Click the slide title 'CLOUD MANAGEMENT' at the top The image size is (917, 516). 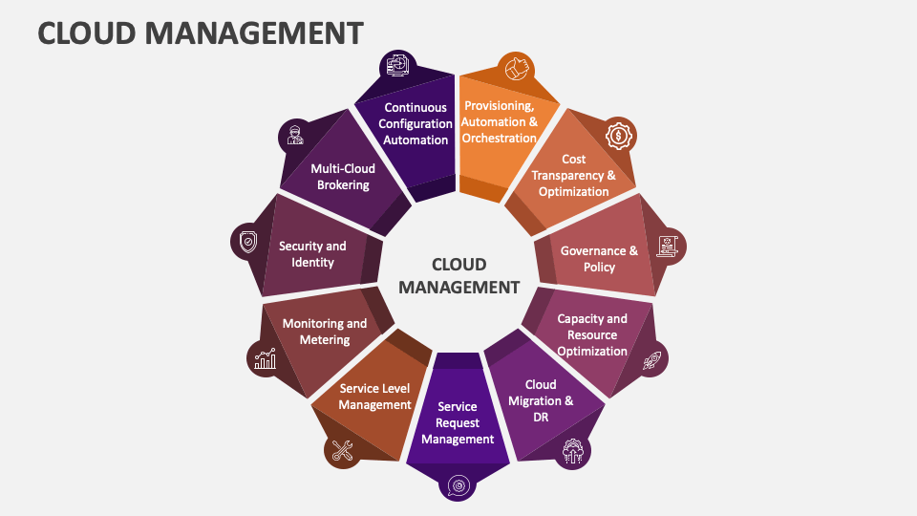(201, 32)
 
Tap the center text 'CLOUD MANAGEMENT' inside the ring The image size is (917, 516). (458, 275)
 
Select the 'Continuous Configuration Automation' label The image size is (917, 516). (416, 123)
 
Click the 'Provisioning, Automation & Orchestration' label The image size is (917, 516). (499, 122)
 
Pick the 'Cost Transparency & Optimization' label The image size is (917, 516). (573, 175)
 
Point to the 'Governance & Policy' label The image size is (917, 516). (599, 259)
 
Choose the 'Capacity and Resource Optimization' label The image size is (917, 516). (592, 334)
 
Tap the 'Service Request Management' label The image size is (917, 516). (458, 422)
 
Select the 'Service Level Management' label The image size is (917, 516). (375, 397)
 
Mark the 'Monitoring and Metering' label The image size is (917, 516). (325, 332)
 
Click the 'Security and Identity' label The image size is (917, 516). (312, 253)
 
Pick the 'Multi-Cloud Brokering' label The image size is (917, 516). (343, 177)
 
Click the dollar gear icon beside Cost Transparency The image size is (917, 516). (620, 137)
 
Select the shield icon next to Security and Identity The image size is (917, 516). (248, 242)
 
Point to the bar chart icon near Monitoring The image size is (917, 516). (265, 358)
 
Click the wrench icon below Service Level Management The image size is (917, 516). (341, 450)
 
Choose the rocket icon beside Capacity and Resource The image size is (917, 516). (651, 360)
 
